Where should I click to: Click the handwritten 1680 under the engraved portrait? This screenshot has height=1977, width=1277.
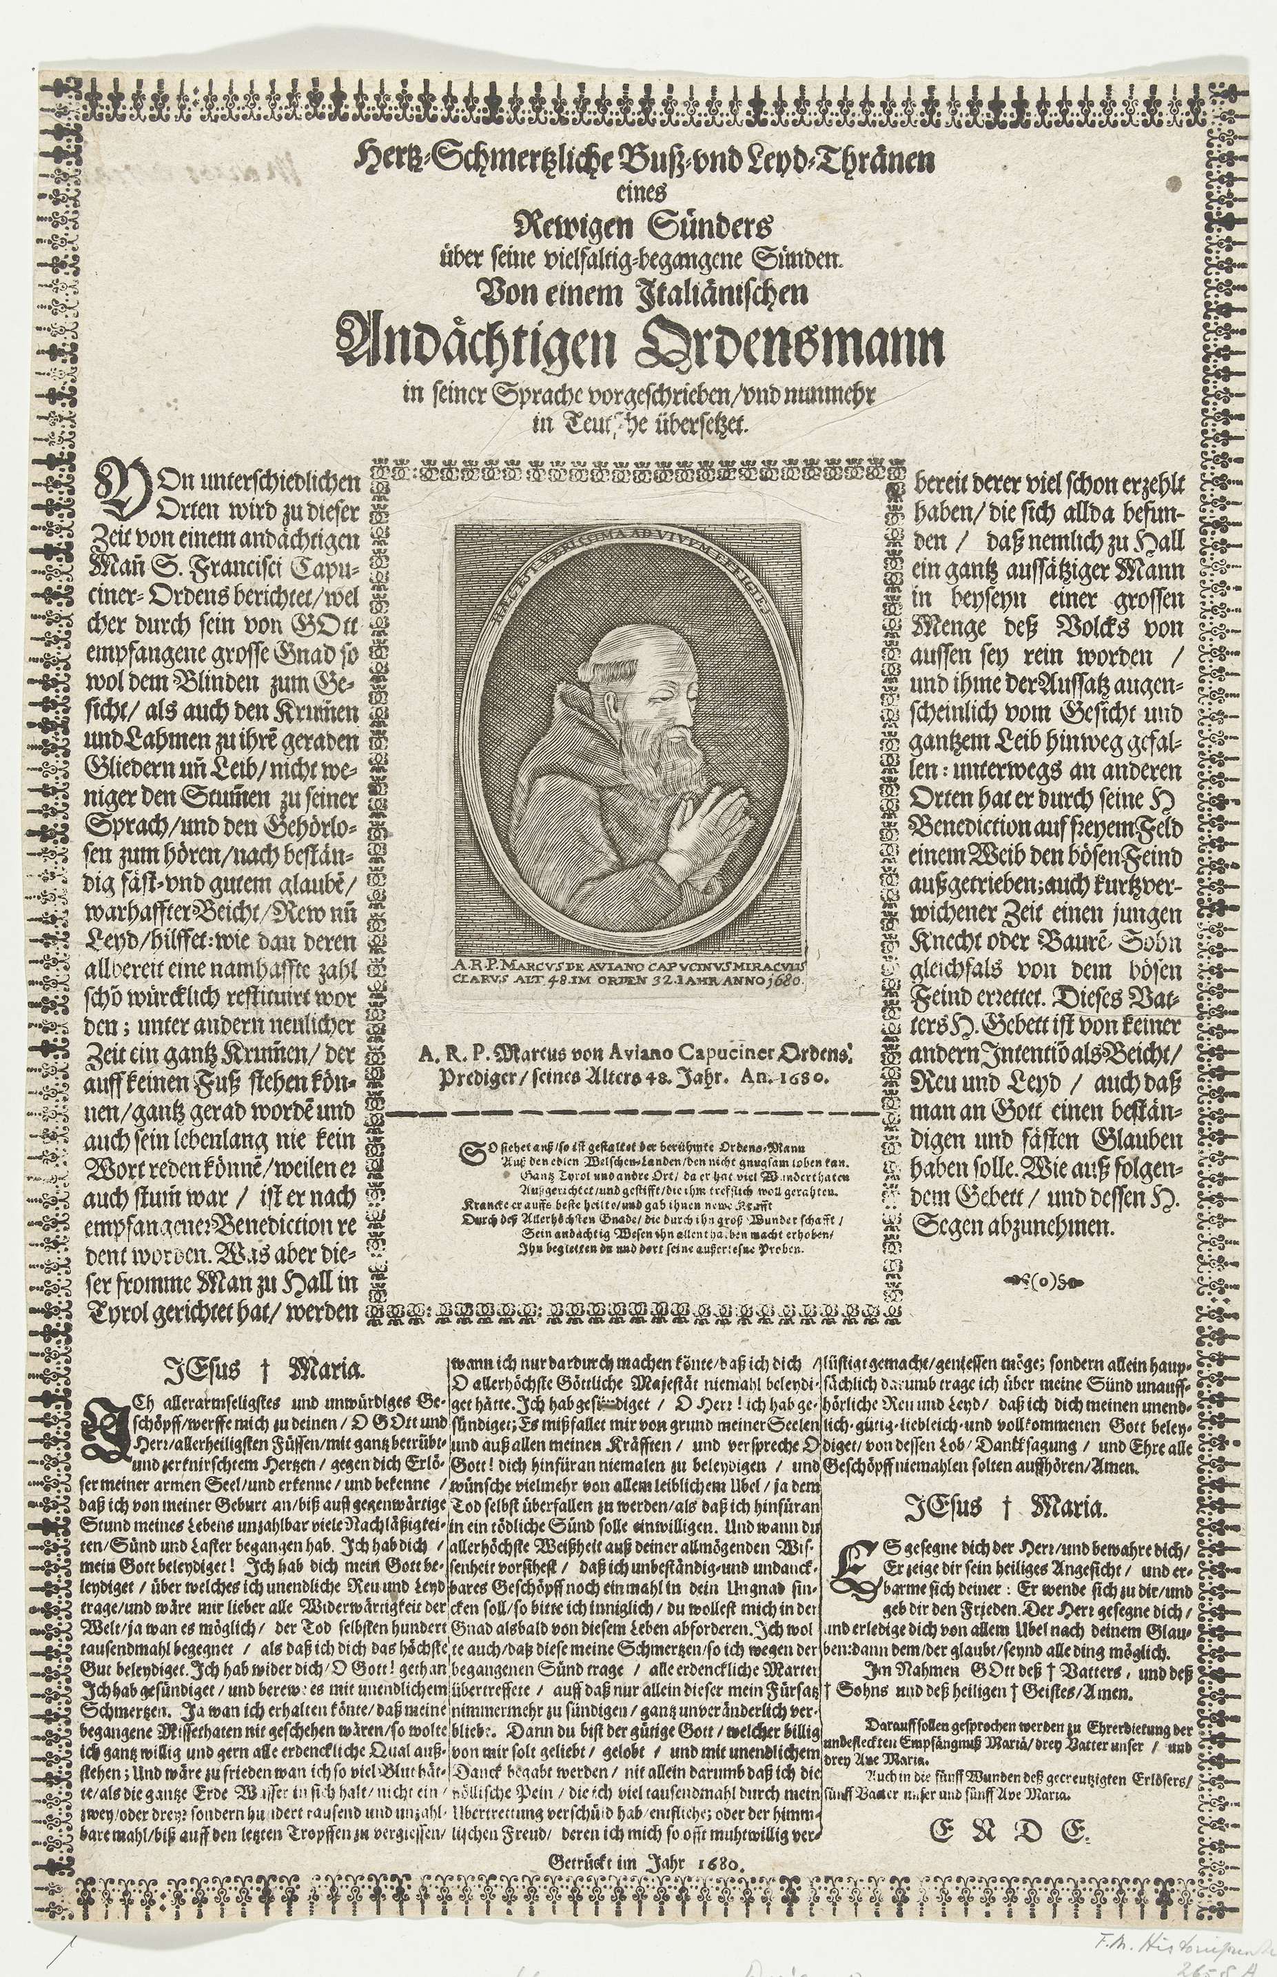pos(791,979)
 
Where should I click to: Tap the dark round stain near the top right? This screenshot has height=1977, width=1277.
pos(1174,183)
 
